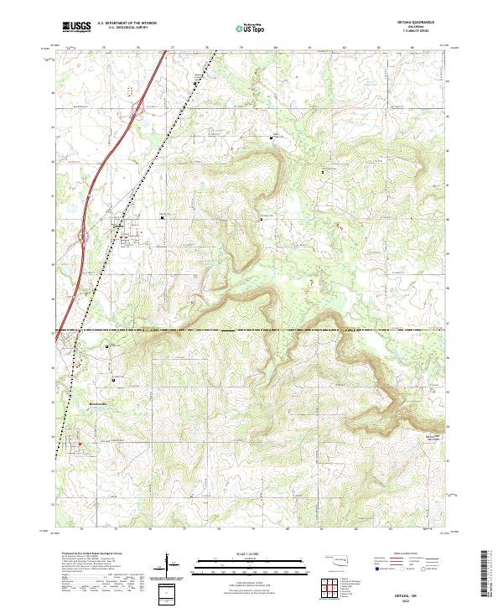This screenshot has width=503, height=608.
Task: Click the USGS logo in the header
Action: tap(75, 27)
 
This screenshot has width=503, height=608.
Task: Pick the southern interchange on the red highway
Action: tap(86, 238)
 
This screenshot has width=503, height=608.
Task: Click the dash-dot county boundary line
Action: tap(251, 330)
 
